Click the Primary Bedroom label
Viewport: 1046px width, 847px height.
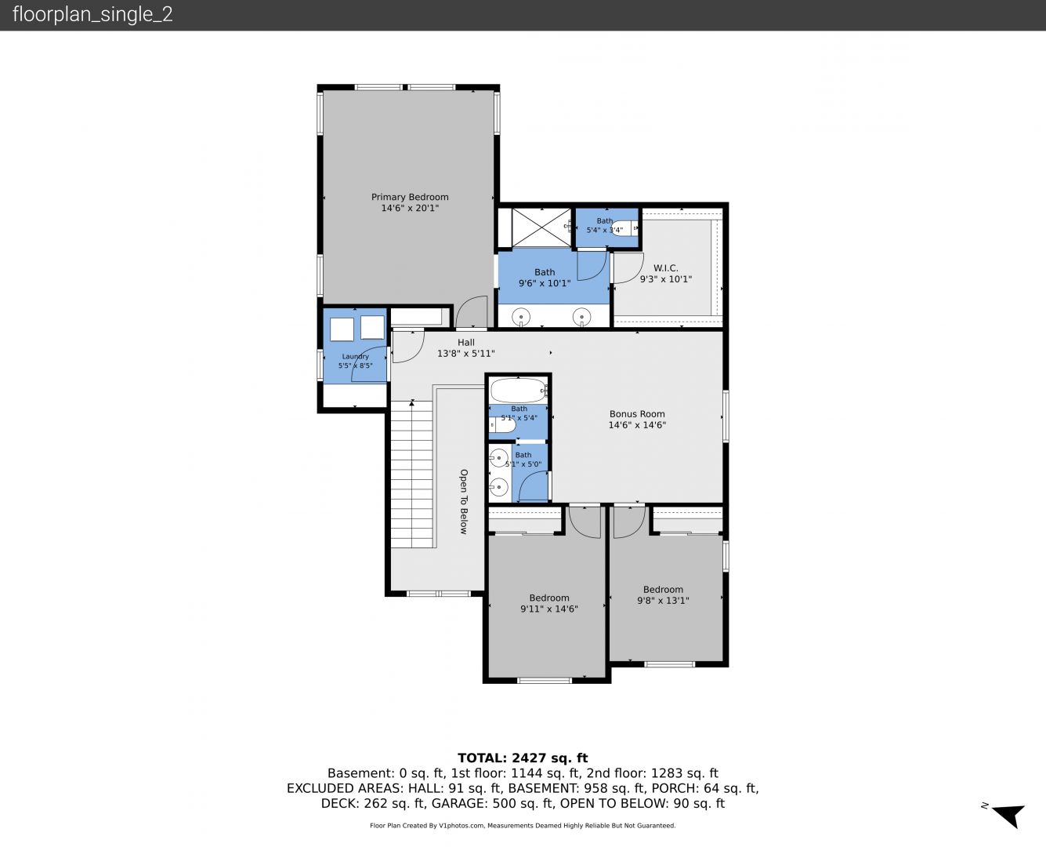click(410, 197)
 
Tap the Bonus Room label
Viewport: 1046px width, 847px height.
click(637, 414)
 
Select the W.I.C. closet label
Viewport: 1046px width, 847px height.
click(665, 268)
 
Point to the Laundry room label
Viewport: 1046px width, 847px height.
click(355, 356)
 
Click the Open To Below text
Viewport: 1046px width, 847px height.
click(464, 501)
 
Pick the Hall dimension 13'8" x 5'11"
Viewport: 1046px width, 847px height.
click(465, 354)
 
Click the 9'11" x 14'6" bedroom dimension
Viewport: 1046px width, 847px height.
click(549, 609)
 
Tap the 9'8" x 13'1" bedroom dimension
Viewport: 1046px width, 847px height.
click(663, 600)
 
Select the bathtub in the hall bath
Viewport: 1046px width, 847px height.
click(518, 391)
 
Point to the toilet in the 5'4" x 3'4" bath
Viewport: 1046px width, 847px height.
click(624, 228)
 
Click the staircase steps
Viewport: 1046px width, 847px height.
click(411, 474)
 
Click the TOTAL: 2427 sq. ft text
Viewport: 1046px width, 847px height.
click(523, 758)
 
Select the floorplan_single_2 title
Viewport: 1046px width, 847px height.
click(92, 14)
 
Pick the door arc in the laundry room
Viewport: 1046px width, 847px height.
click(369, 364)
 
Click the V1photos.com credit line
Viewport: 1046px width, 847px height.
click(523, 825)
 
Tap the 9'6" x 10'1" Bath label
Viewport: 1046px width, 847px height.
click(545, 278)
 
